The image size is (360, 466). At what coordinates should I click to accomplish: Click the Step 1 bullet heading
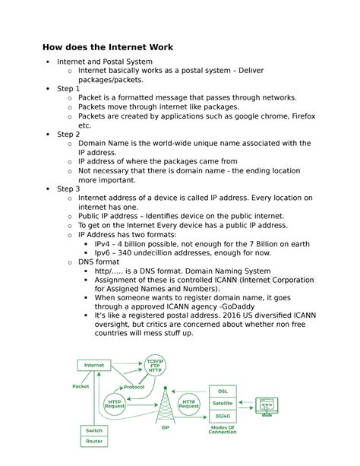tap(68, 88)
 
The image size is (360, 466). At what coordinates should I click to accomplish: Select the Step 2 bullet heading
tap(68, 134)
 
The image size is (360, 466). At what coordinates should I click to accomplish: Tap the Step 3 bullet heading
tap(68, 189)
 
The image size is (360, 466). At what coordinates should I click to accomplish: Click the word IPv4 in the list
tap(106, 243)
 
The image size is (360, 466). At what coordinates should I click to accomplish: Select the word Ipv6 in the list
tap(106, 252)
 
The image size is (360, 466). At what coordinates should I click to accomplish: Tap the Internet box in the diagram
tap(95, 365)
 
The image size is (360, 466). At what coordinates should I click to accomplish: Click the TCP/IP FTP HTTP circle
tap(154, 367)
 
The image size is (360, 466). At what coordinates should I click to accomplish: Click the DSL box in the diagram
tap(223, 391)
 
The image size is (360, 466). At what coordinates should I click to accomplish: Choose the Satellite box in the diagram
tap(223, 403)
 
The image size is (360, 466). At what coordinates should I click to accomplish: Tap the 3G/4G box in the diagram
tap(223, 416)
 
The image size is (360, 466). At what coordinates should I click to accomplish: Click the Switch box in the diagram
tap(94, 430)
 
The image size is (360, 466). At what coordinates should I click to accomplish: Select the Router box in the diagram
tap(94, 441)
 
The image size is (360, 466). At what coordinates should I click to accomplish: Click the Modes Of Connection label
tap(223, 433)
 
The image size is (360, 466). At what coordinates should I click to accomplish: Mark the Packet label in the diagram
tap(81, 386)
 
